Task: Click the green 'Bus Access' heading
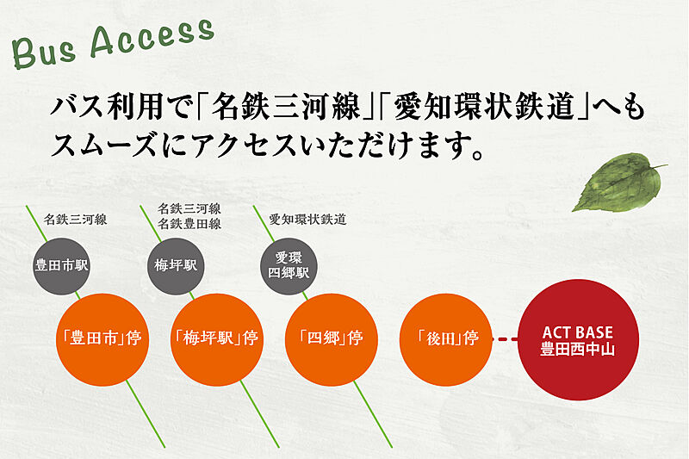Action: click(112, 42)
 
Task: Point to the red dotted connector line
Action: click(505, 339)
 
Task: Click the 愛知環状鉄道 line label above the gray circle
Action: click(307, 220)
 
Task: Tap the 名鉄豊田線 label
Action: click(189, 224)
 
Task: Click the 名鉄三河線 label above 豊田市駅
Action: click(75, 220)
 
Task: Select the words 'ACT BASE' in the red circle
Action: click(577, 332)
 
